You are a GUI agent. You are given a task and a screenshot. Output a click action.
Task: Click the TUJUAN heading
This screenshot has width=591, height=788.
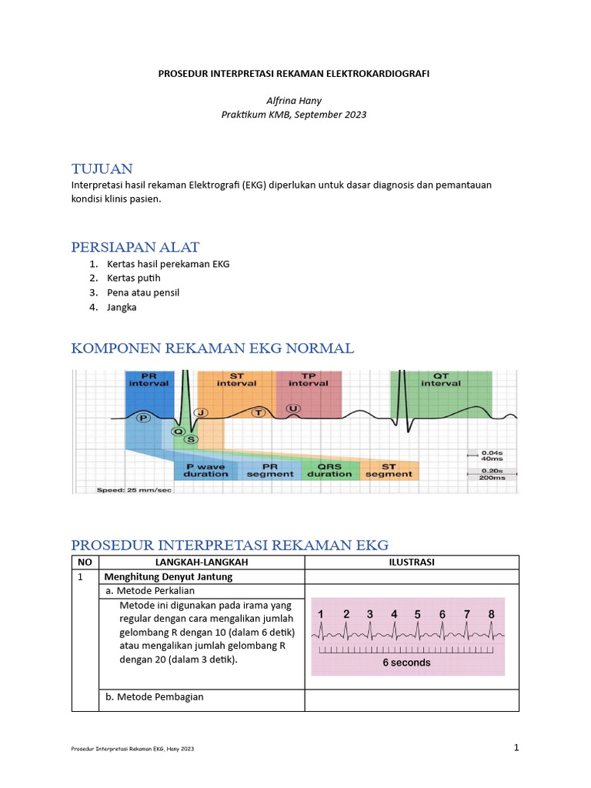click(102, 169)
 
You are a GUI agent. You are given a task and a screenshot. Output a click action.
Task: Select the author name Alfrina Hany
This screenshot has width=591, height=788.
click(293, 100)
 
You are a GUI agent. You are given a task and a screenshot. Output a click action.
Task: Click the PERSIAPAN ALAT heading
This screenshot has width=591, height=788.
click(135, 247)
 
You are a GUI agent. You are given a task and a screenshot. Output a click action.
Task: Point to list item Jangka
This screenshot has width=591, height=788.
click(122, 307)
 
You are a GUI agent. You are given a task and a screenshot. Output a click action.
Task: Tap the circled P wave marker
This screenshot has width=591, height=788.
click(142, 417)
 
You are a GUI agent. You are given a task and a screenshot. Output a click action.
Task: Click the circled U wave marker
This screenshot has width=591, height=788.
click(292, 407)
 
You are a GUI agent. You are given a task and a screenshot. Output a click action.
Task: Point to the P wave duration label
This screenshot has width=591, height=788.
click(205, 469)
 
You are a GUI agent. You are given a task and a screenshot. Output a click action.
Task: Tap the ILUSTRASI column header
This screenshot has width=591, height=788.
click(412, 562)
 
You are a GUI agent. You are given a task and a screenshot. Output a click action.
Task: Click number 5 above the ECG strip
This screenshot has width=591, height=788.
click(418, 614)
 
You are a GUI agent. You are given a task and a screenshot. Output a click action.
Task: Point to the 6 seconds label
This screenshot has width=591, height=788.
click(407, 662)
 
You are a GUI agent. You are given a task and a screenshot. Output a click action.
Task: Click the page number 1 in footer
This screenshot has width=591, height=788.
click(517, 747)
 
